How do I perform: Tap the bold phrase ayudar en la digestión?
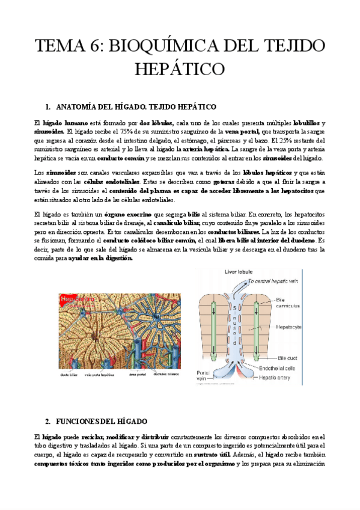pyautogui.click(x=100, y=257)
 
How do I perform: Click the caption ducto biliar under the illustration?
pyautogui.click(x=70, y=373)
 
